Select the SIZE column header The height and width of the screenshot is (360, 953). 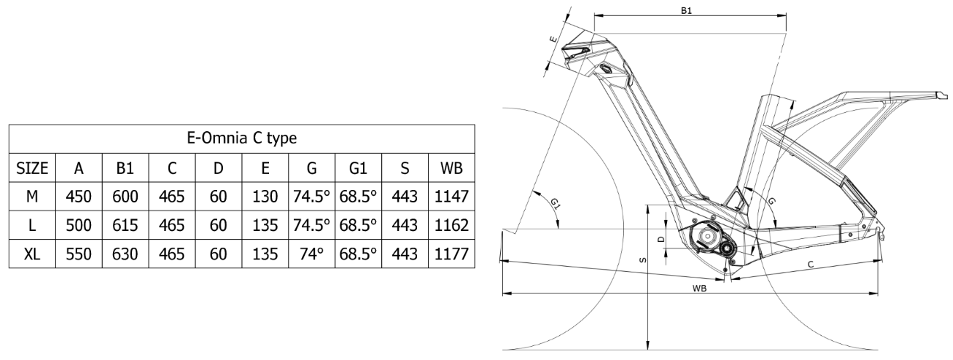coord(33,168)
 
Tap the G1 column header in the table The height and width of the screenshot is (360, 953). coord(357,168)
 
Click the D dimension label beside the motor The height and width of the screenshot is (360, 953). coord(660,239)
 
